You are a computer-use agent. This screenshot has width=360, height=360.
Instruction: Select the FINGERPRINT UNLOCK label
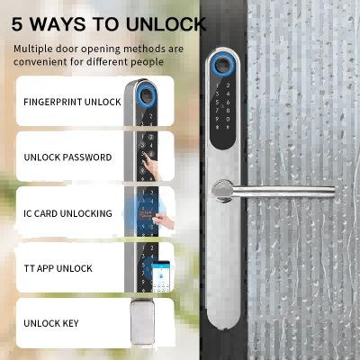pyautogui.click(x=72, y=102)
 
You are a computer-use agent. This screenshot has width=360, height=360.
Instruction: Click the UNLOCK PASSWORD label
pyautogui.click(x=67, y=157)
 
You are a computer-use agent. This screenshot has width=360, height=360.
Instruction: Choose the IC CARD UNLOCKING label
pyautogui.click(x=67, y=213)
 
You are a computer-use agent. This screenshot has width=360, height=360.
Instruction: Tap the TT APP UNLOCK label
pyautogui.click(x=58, y=268)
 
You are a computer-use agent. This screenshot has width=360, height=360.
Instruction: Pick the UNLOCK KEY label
pyautogui.click(x=52, y=323)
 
